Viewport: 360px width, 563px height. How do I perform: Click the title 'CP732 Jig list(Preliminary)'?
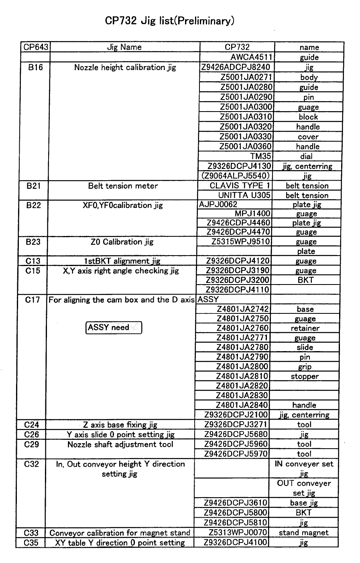[169, 21]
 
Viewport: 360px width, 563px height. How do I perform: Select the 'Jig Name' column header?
[124, 47]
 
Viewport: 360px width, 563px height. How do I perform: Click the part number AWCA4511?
[252, 57]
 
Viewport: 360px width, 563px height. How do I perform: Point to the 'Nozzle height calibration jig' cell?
[125, 67]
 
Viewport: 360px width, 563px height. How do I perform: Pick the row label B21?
[36, 186]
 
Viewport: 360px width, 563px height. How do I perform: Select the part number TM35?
[260, 156]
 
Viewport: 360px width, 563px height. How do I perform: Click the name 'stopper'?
[305, 376]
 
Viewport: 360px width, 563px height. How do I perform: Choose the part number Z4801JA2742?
[242, 309]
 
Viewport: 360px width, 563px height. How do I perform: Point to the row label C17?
[32, 299]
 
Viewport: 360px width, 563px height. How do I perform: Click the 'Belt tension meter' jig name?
[123, 186]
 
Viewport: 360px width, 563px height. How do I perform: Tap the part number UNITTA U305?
[245, 195]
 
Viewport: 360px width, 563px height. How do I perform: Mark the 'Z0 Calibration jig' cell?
[122, 242]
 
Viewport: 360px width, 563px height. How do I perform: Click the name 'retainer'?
[305, 328]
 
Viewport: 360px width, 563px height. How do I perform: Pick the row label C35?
[31, 543]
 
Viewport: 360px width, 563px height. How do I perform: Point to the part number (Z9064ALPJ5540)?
[235, 176]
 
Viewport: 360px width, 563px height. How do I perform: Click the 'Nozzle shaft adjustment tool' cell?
[120, 444]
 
